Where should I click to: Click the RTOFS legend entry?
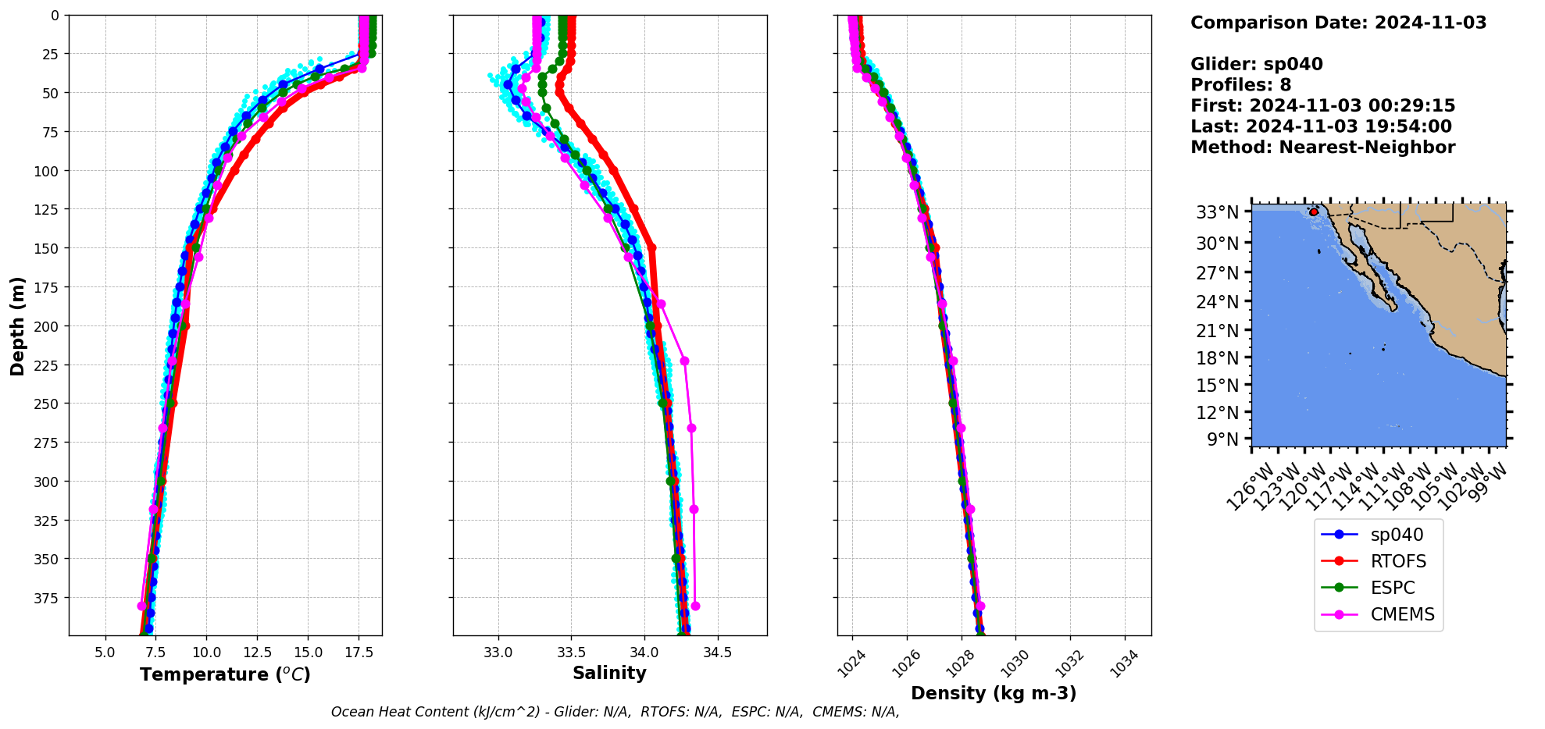coord(1397,561)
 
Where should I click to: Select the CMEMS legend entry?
coord(1402,614)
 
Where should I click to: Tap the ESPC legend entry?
coord(1392,588)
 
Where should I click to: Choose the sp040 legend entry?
coord(1397,535)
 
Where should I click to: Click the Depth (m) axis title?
coord(17,325)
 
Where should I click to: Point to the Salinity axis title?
coord(609,674)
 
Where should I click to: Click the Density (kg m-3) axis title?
coord(994,693)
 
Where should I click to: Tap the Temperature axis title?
coord(225,674)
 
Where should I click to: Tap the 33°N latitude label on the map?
coord(1218,212)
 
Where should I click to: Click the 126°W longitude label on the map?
coord(1249,488)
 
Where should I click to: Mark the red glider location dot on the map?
coord(1314,212)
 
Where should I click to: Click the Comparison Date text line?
coord(1338,23)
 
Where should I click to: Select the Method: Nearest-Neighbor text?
coord(1322,148)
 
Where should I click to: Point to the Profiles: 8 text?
coord(1240,85)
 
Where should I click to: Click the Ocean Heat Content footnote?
coord(615,712)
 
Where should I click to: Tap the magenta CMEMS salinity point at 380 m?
coord(695,606)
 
